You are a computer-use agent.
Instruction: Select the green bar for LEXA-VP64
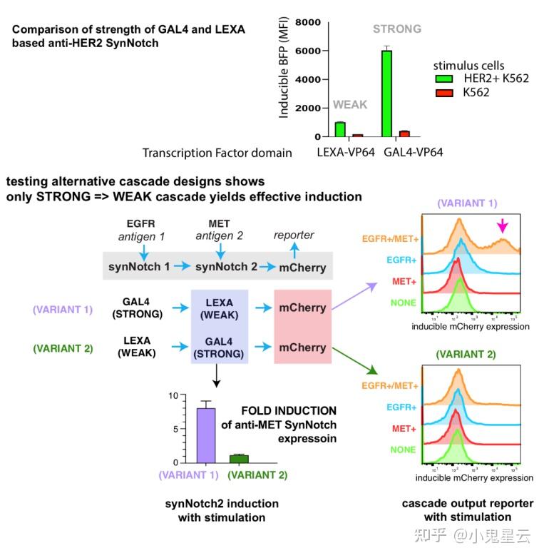(x=340, y=129)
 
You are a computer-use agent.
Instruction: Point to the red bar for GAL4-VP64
(x=404, y=133)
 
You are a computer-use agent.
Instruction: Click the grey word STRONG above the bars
(x=397, y=29)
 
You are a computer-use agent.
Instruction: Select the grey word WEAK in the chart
(x=350, y=105)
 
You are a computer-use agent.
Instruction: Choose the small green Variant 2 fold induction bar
(x=239, y=459)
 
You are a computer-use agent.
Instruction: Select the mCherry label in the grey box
(x=303, y=268)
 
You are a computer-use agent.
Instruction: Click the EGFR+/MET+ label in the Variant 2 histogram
(x=390, y=385)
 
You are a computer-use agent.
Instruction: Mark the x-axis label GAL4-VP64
(x=411, y=152)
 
